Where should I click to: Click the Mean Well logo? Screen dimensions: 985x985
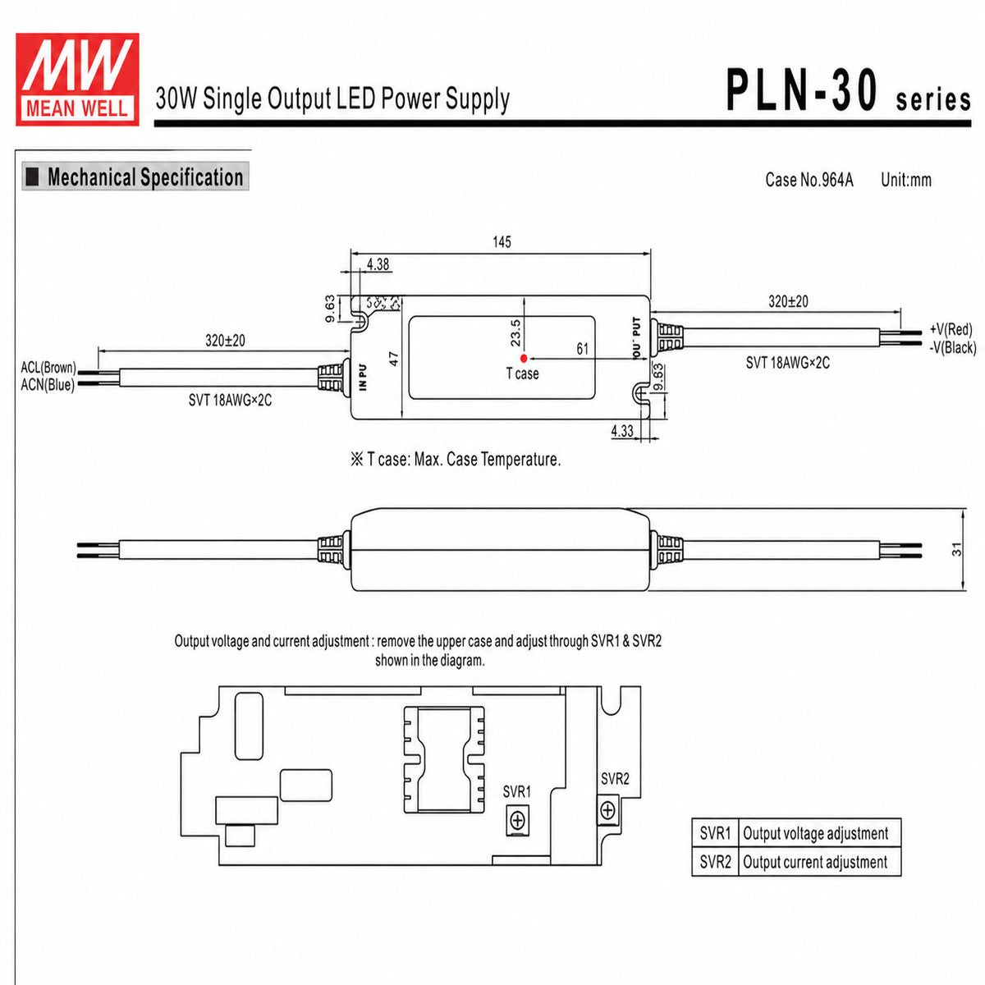point(77,80)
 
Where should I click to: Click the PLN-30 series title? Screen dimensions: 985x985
point(849,92)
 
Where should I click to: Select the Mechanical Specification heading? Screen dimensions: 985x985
point(135,176)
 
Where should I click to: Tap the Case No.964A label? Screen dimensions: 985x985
point(809,180)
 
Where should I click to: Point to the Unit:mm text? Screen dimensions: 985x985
point(906,180)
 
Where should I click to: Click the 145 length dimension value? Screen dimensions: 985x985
point(502,242)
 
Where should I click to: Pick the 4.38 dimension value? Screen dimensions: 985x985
point(378,264)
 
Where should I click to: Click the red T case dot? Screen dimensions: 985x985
point(524,359)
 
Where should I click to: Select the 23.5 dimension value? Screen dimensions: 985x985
point(515,332)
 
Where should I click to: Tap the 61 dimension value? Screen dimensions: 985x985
point(582,349)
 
